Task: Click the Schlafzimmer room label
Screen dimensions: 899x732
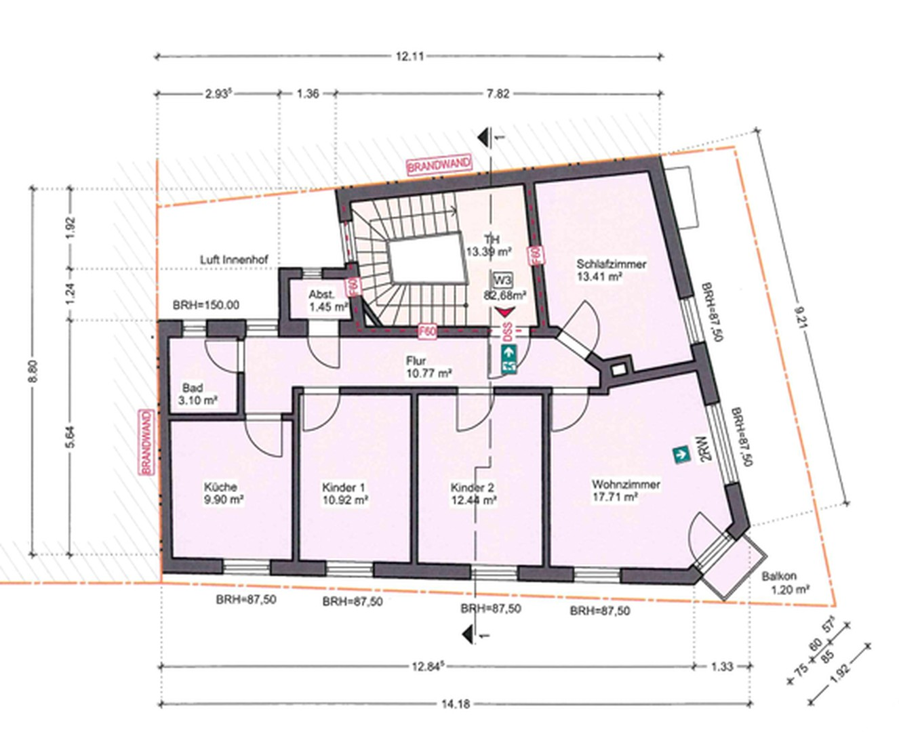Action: [611, 270]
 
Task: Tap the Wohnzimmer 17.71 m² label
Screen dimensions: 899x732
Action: [625, 490]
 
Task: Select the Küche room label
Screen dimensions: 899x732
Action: [223, 493]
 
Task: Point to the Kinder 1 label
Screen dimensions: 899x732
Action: [344, 493]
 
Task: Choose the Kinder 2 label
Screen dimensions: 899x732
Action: [473, 493]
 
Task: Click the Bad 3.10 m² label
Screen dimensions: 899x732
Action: [197, 394]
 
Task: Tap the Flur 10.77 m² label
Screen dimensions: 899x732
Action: [428, 367]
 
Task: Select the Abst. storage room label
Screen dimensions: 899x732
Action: [327, 300]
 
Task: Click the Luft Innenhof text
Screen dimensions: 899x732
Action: [234, 260]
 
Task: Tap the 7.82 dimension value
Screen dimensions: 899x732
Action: [498, 94]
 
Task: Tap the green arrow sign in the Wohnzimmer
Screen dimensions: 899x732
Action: [681, 454]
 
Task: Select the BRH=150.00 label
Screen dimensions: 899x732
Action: [206, 304]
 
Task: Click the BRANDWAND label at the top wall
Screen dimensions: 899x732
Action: [439, 164]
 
